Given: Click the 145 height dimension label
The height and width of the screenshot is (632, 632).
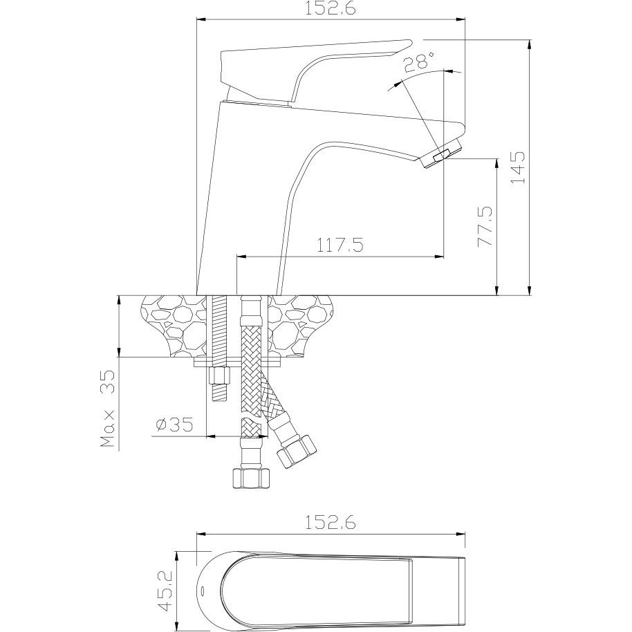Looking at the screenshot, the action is (519, 167).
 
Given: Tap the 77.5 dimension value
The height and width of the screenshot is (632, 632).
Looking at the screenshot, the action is (485, 227).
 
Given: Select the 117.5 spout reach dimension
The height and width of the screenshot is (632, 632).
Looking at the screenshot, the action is (340, 245).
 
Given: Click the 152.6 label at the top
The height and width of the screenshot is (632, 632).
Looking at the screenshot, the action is (330, 9).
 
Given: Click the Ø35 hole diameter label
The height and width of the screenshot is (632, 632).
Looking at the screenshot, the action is (174, 425).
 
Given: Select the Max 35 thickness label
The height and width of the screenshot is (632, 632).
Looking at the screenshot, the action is (108, 409).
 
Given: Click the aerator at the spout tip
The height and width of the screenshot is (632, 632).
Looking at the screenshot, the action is (440, 154).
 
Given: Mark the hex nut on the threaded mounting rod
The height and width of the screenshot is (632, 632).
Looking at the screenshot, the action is (220, 376).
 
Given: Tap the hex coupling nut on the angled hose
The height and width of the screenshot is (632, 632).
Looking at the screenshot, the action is (296, 451).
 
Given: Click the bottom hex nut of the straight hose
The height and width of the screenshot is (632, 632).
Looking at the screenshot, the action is (251, 478).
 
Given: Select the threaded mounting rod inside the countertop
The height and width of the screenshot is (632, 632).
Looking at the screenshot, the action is (220, 326).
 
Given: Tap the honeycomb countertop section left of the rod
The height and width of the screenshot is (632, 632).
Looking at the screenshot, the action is (174, 326).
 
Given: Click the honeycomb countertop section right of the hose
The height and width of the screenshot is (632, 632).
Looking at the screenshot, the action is (301, 326).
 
